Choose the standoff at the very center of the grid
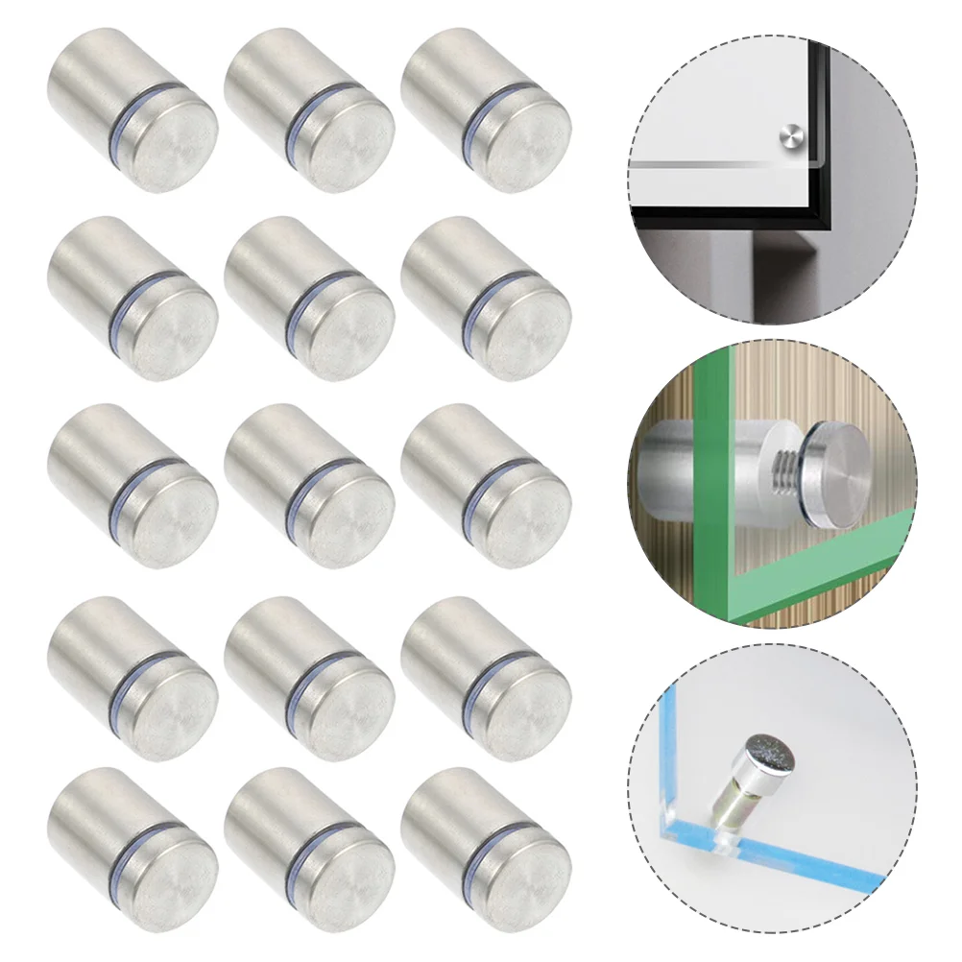pyautogui.click(x=309, y=486)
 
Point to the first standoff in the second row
pyautogui.click(x=132, y=299)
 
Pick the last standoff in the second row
pyautogui.click(x=486, y=299)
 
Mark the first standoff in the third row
pyautogui.click(x=132, y=486)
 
